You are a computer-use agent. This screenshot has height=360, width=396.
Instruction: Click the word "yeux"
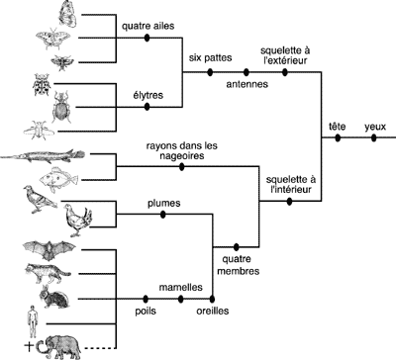374,127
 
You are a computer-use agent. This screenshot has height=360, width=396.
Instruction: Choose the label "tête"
337,127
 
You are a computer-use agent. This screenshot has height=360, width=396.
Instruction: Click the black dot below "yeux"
374,138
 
